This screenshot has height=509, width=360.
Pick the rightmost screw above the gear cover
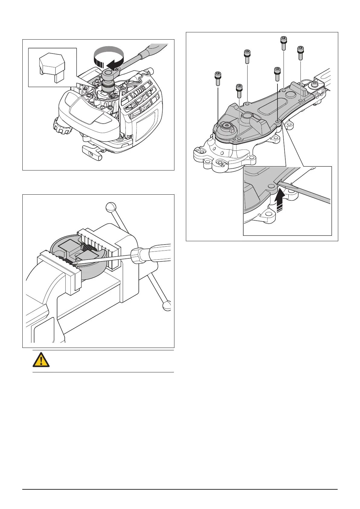coord(300,53)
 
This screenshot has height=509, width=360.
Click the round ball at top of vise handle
coord(111,208)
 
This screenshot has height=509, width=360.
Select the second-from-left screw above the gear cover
coord(239,91)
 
